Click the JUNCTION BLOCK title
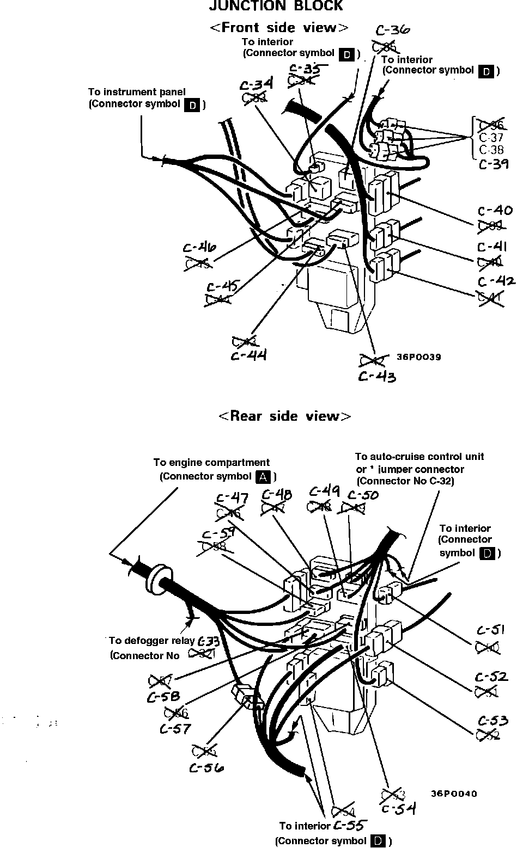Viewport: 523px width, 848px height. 276,6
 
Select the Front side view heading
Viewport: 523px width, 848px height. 279,28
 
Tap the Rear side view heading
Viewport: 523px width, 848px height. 285,416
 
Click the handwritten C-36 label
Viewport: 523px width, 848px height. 393,31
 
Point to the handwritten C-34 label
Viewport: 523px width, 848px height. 256,85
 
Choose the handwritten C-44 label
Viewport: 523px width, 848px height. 248,356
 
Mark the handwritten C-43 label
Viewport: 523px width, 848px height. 377,377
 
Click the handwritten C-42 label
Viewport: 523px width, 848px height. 496,281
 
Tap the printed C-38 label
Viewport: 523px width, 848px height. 491,150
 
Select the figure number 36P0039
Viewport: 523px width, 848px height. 419,358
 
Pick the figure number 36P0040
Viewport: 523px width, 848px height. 454,794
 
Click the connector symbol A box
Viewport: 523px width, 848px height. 263,477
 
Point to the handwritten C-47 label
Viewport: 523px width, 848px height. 233,498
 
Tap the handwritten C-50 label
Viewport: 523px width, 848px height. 363,495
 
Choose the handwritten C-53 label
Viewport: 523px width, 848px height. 493,721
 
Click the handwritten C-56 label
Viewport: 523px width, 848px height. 206,768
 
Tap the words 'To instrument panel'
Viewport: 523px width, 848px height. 137,92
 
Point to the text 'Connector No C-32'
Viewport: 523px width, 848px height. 405,481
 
